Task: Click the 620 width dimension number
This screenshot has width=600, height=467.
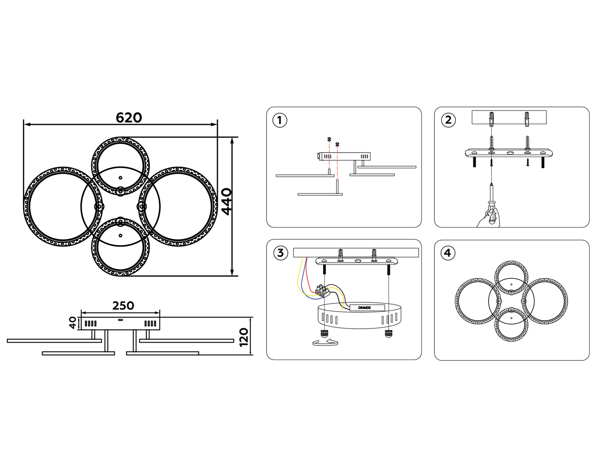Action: pyautogui.click(x=129, y=118)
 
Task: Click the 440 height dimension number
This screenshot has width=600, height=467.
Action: pyautogui.click(x=227, y=201)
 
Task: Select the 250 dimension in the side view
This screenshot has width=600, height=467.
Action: pyautogui.click(x=123, y=306)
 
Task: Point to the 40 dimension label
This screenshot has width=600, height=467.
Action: pyautogui.click(x=72, y=323)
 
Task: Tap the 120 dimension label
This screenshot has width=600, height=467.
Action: pyautogui.click(x=244, y=337)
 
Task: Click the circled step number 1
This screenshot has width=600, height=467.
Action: pyautogui.click(x=280, y=120)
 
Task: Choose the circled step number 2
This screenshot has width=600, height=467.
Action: pyautogui.click(x=448, y=120)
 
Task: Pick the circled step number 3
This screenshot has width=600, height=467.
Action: pyautogui.click(x=280, y=253)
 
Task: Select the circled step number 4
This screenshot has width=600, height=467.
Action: pyautogui.click(x=448, y=253)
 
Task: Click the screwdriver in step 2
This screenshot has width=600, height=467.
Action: pyautogui.click(x=491, y=197)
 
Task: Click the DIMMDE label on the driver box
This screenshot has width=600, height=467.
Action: pyautogui.click(x=364, y=308)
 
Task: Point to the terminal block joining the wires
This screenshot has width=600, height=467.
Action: pyautogui.click(x=322, y=291)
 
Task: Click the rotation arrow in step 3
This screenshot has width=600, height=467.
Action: pyautogui.click(x=325, y=342)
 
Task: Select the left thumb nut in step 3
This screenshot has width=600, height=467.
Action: pyautogui.click(x=324, y=333)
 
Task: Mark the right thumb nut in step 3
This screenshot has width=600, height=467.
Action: pyautogui.click(x=388, y=333)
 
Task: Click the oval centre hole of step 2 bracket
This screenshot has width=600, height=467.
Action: pyautogui.click(x=510, y=153)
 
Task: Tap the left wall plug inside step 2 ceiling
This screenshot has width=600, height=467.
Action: pyautogui.click(x=492, y=119)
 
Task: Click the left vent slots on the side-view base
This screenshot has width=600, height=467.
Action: pyautogui.click(x=91, y=324)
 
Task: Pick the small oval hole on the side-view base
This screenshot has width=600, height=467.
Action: pyautogui.click(x=120, y=320)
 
